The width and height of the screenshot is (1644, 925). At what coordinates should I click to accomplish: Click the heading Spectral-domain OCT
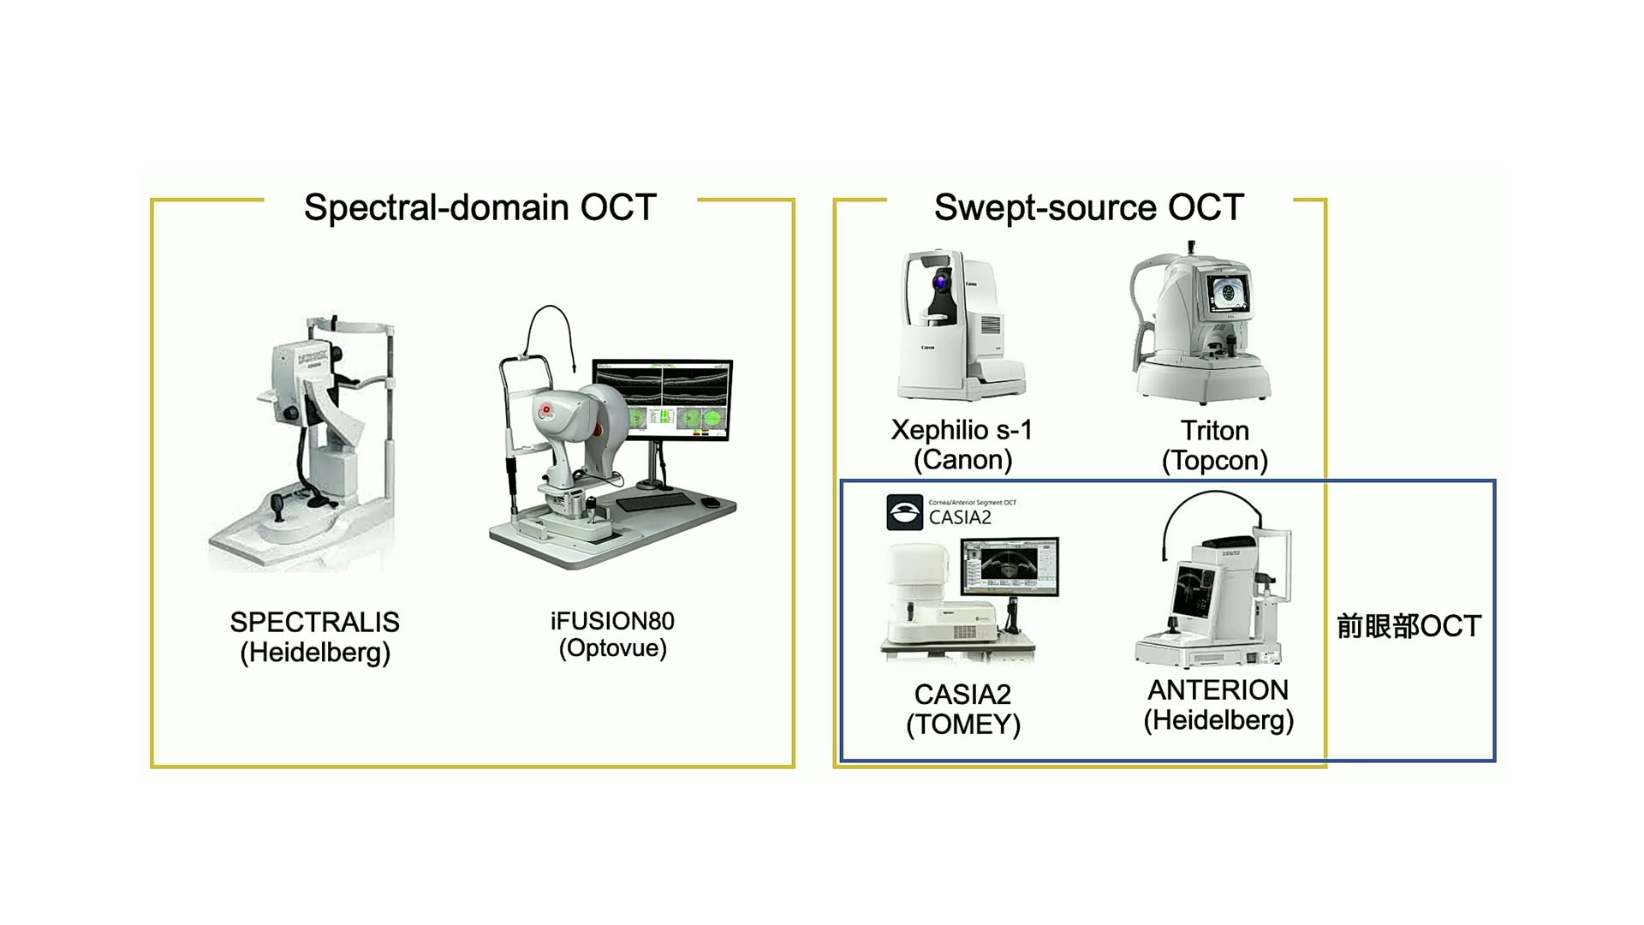tap(479, 207)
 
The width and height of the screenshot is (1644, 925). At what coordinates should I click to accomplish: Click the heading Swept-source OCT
tap(1088, 207)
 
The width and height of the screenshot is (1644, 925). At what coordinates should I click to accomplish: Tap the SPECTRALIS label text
tap(314, 622)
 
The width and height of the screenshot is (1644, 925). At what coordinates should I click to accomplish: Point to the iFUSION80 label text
tap(612, 621)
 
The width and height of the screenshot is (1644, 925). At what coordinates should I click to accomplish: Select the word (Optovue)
tap(612, 648)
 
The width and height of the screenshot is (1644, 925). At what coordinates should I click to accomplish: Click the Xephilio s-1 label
tap(962, 430)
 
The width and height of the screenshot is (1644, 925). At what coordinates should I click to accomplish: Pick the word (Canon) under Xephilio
tap(962, 461)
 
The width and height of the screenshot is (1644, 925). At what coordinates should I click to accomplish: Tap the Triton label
tap(1214, 431)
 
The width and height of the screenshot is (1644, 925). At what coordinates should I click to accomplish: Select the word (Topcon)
tap(1214, 461)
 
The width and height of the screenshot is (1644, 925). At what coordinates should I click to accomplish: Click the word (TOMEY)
tap(963, 725)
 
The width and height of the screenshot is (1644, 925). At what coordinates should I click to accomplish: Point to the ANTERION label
tap(1218, 690)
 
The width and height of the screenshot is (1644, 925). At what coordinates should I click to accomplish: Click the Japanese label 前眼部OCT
tap(1409, 626)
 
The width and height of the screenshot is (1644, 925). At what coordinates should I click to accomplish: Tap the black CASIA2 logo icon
tap(904, 513)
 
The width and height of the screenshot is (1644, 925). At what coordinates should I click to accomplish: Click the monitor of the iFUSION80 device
tap(662, 398)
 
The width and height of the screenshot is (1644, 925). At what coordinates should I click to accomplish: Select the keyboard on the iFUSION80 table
tap(656, 502)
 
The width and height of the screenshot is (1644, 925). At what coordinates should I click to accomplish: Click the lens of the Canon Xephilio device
tap(942, 282)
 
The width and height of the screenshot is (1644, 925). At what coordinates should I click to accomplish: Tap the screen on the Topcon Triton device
tap(1230, 292)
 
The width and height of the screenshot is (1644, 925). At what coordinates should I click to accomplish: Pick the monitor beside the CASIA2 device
tap(1010, 566)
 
